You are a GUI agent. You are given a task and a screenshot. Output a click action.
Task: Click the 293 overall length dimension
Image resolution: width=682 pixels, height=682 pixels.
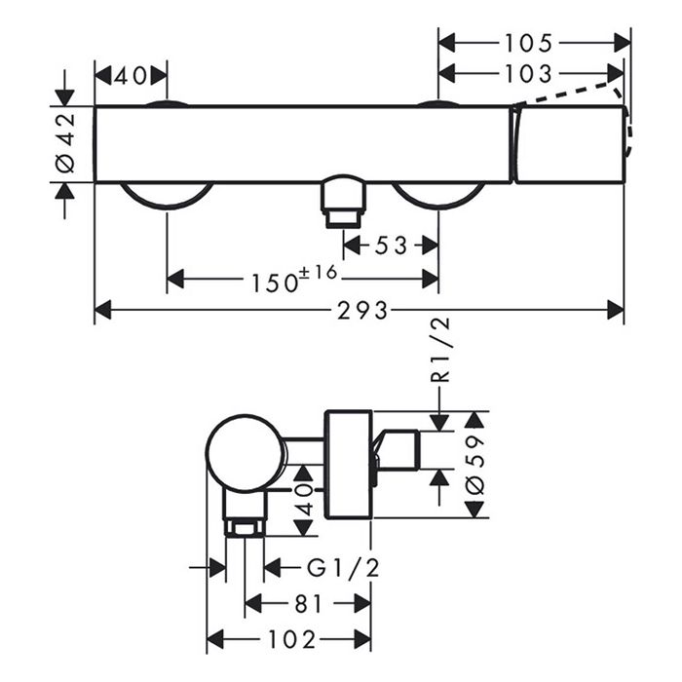(x=360, y=311)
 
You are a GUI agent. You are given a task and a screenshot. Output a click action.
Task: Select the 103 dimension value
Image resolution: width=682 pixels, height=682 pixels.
(x=531, y=73)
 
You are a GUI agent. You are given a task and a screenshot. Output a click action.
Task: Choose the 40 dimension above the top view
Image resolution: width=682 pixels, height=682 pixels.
(x=131, y=75)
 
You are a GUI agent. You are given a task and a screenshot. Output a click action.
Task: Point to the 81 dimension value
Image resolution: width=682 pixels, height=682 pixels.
(x=307, y=604)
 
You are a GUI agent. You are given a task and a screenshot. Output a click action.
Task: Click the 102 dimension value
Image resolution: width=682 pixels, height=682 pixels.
(x=290, y=639)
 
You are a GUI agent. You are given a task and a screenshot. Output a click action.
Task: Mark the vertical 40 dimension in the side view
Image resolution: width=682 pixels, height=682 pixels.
(x=304, y=499)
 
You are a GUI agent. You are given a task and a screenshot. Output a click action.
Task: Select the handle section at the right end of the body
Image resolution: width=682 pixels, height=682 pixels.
(x=568, y=144)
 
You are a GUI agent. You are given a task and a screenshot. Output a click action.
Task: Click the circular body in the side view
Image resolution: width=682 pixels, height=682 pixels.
(x=245, y=454)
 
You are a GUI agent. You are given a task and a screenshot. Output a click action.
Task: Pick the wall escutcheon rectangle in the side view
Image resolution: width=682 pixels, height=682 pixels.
(x=347, y=465)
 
